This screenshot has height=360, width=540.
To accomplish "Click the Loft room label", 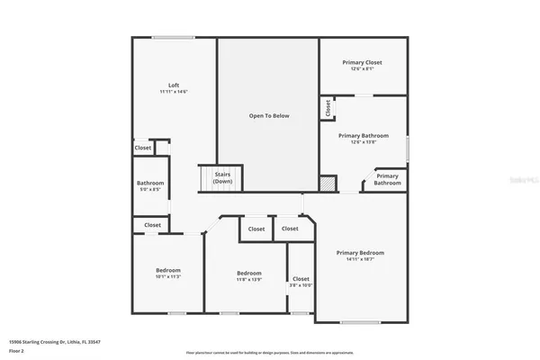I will (x=174, y=85).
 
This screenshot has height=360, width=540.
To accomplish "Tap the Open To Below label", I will (x=268, y=116).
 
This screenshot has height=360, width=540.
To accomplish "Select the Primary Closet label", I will (x=362, y=62).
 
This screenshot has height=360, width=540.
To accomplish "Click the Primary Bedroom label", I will (x=360, y=254).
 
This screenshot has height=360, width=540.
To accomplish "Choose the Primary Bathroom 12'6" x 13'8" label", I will (x=363, y=138).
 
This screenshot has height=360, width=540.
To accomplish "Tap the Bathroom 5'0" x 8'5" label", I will (x=150, y=186).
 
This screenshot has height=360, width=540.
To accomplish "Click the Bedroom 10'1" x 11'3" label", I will (x=168, y=274).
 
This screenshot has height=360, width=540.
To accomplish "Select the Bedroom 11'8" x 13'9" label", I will (x=249, y=276).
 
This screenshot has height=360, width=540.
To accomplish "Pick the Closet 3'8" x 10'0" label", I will (x=301, y=282).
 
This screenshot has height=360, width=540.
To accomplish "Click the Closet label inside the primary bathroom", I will (x=327, y=108).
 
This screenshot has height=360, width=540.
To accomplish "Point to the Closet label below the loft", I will (x=143, y=148).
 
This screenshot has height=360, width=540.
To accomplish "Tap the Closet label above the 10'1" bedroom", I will (x=152, y=225).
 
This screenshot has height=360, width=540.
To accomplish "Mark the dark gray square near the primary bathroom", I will (x=329, y=182).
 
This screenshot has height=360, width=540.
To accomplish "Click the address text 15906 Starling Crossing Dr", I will (x=52, y=342).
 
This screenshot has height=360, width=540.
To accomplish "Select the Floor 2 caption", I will (x=17, y=350).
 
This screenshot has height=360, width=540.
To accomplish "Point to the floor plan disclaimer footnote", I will (x=269, y=352).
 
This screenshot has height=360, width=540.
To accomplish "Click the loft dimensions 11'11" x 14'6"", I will (x=174, y=91).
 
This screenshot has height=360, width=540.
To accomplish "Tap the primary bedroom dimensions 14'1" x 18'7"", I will (x=360, y=260).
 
